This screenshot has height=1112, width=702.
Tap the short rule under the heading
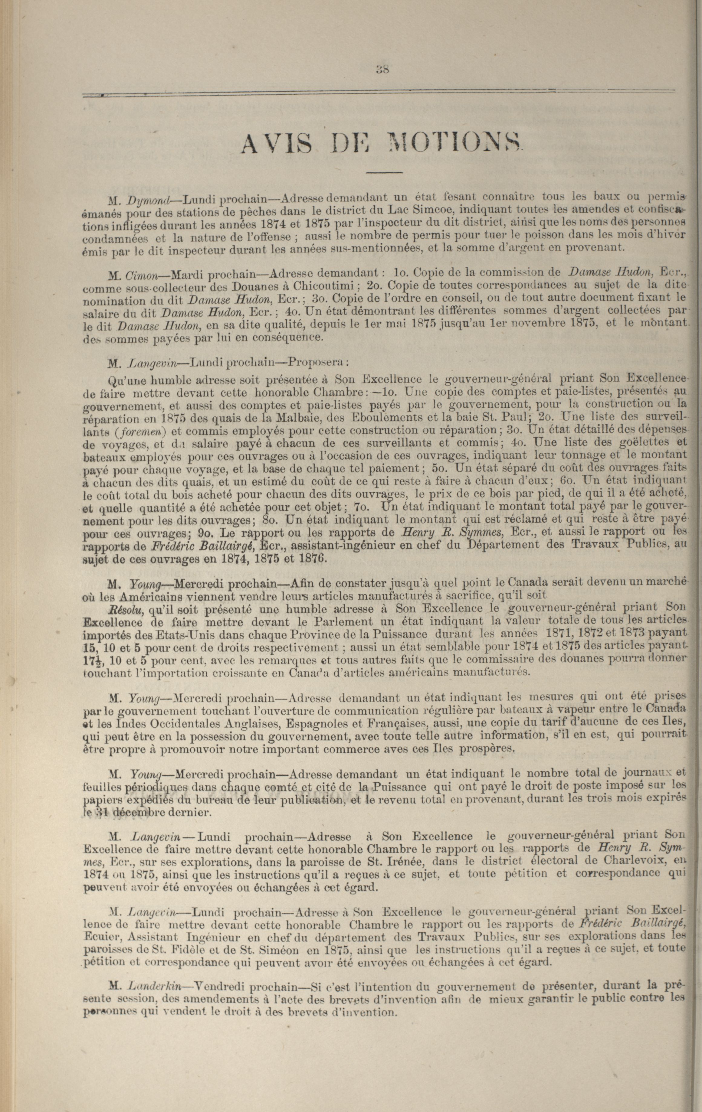(385, 173)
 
